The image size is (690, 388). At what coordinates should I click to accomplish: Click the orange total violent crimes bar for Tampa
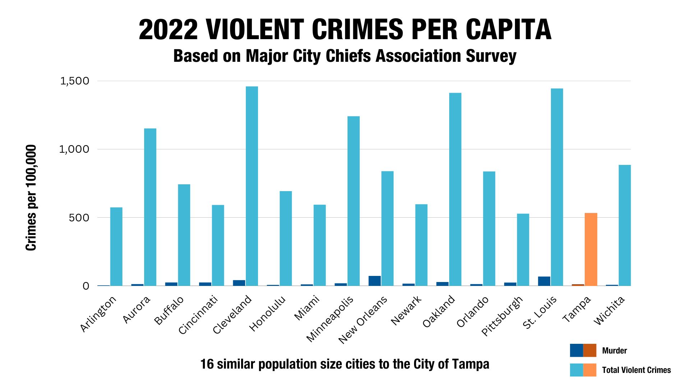tap(591, 249)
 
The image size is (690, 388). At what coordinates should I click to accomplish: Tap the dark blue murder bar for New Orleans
tap(374, 281)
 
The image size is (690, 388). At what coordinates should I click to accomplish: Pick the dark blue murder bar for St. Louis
tap(544, 281)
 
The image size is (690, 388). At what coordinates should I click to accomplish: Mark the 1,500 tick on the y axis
tap(75, 81)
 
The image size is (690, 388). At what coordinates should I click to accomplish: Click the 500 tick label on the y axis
tap(79, 218)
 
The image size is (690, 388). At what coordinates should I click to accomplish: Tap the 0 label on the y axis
tap(86, 286)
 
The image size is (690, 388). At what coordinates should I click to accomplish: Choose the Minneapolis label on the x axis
tap(330, 318)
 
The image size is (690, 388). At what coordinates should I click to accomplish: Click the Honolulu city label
tap(268, 313)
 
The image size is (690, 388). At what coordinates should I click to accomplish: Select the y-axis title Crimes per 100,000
tap(31, 198)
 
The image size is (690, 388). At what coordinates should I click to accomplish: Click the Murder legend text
tap(614, 351)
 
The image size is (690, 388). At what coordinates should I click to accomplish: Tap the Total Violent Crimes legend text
tap(636, 370)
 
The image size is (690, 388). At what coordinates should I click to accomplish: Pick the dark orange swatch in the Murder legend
tap(590, 350)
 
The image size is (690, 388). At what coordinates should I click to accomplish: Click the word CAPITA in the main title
tap(508, 29)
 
